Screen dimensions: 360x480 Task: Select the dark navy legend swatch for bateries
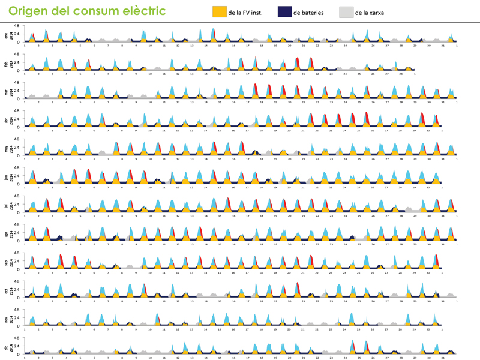(x=284, y=11)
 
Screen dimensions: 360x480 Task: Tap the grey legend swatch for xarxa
(x=346, y=11)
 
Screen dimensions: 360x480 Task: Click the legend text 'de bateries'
(x=309, y=12)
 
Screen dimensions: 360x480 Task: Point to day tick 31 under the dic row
(x=442, y=358)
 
